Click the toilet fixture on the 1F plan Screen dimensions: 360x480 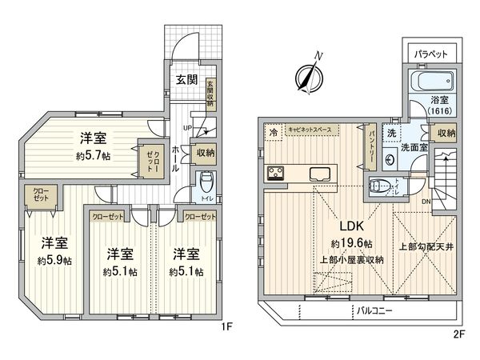click(x=205, y=179)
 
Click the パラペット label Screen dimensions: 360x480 click(x=435, y=55)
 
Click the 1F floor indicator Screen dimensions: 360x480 click(x=227, y=328)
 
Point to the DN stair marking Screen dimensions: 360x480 click(x=425, y=201)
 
